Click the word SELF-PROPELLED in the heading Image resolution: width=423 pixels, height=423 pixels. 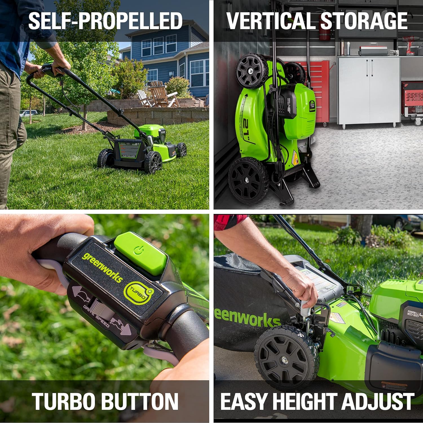pyautogui.click(x=105, y=21)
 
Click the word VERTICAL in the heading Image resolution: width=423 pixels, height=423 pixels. pyautogui.click(x=271, y=21)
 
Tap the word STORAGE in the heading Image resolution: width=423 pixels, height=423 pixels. pyautogui.click(x=364, y=21)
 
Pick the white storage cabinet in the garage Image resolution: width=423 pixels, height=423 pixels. pyautogui.click(x=369, y=90)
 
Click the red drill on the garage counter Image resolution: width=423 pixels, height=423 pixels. pyautogui.click(x=410, y=44)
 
